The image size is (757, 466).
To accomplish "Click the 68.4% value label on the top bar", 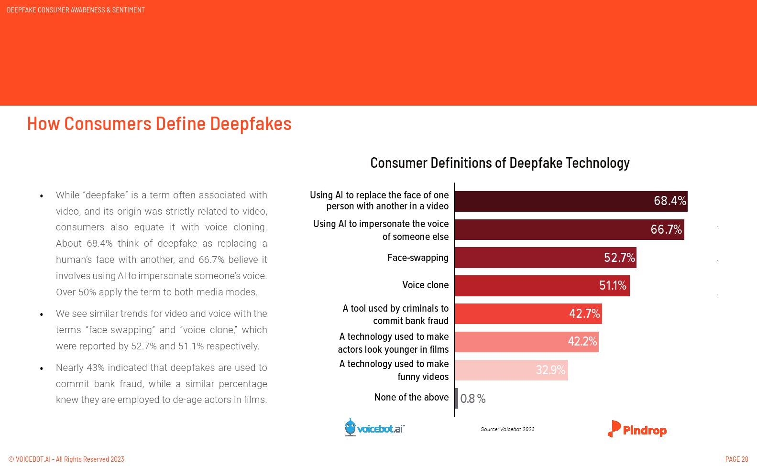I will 669,201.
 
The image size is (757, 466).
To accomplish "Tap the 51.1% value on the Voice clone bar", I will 613,285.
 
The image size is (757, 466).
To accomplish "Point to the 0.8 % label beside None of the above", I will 472,399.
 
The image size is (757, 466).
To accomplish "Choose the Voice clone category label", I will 425,285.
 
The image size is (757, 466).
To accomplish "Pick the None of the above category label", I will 411,397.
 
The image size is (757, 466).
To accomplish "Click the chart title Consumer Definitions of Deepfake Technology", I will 500,163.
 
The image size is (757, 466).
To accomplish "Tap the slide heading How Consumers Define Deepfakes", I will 159,124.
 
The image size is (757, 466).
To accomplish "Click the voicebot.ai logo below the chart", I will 375,428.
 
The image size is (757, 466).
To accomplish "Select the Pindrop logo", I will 637,429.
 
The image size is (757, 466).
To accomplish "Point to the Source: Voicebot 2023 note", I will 507,429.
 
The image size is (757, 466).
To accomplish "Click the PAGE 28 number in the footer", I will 736,459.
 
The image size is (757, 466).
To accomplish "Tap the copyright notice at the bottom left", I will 66,459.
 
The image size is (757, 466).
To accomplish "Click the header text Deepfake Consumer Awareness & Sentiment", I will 76,10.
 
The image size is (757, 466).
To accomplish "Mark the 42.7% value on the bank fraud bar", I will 584,314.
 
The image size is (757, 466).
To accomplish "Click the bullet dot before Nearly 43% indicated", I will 42,368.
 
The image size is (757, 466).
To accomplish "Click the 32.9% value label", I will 550,370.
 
